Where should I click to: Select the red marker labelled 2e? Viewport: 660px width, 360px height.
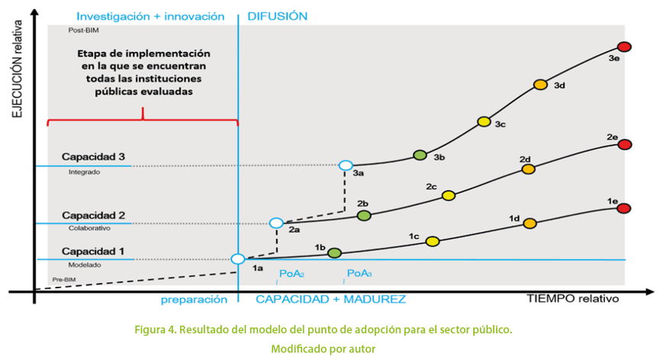pos(625,145)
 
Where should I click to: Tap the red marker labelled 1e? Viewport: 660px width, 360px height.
pos(623,208)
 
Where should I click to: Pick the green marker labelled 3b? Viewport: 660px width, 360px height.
pos(419,155)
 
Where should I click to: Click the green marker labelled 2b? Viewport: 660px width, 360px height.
pos(364,216)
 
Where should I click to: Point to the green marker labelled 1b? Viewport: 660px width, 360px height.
pos(334,252)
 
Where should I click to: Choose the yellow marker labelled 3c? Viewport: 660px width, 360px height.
pos(484,121)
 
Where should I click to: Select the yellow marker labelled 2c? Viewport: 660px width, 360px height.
pos(448,195)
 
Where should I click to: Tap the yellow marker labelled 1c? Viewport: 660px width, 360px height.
pos(433,242)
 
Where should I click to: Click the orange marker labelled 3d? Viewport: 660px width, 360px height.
pos(540,85)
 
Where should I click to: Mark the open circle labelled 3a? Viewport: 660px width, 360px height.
pos(346,166)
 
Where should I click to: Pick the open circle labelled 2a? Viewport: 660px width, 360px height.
pos(276,223)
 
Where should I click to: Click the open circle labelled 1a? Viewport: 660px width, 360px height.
pos(238,259)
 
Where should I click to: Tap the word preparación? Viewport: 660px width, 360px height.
pos(194,300)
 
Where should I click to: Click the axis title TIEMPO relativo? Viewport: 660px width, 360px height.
pos(572,298)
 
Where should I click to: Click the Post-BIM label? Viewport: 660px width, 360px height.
pos(84,31)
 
